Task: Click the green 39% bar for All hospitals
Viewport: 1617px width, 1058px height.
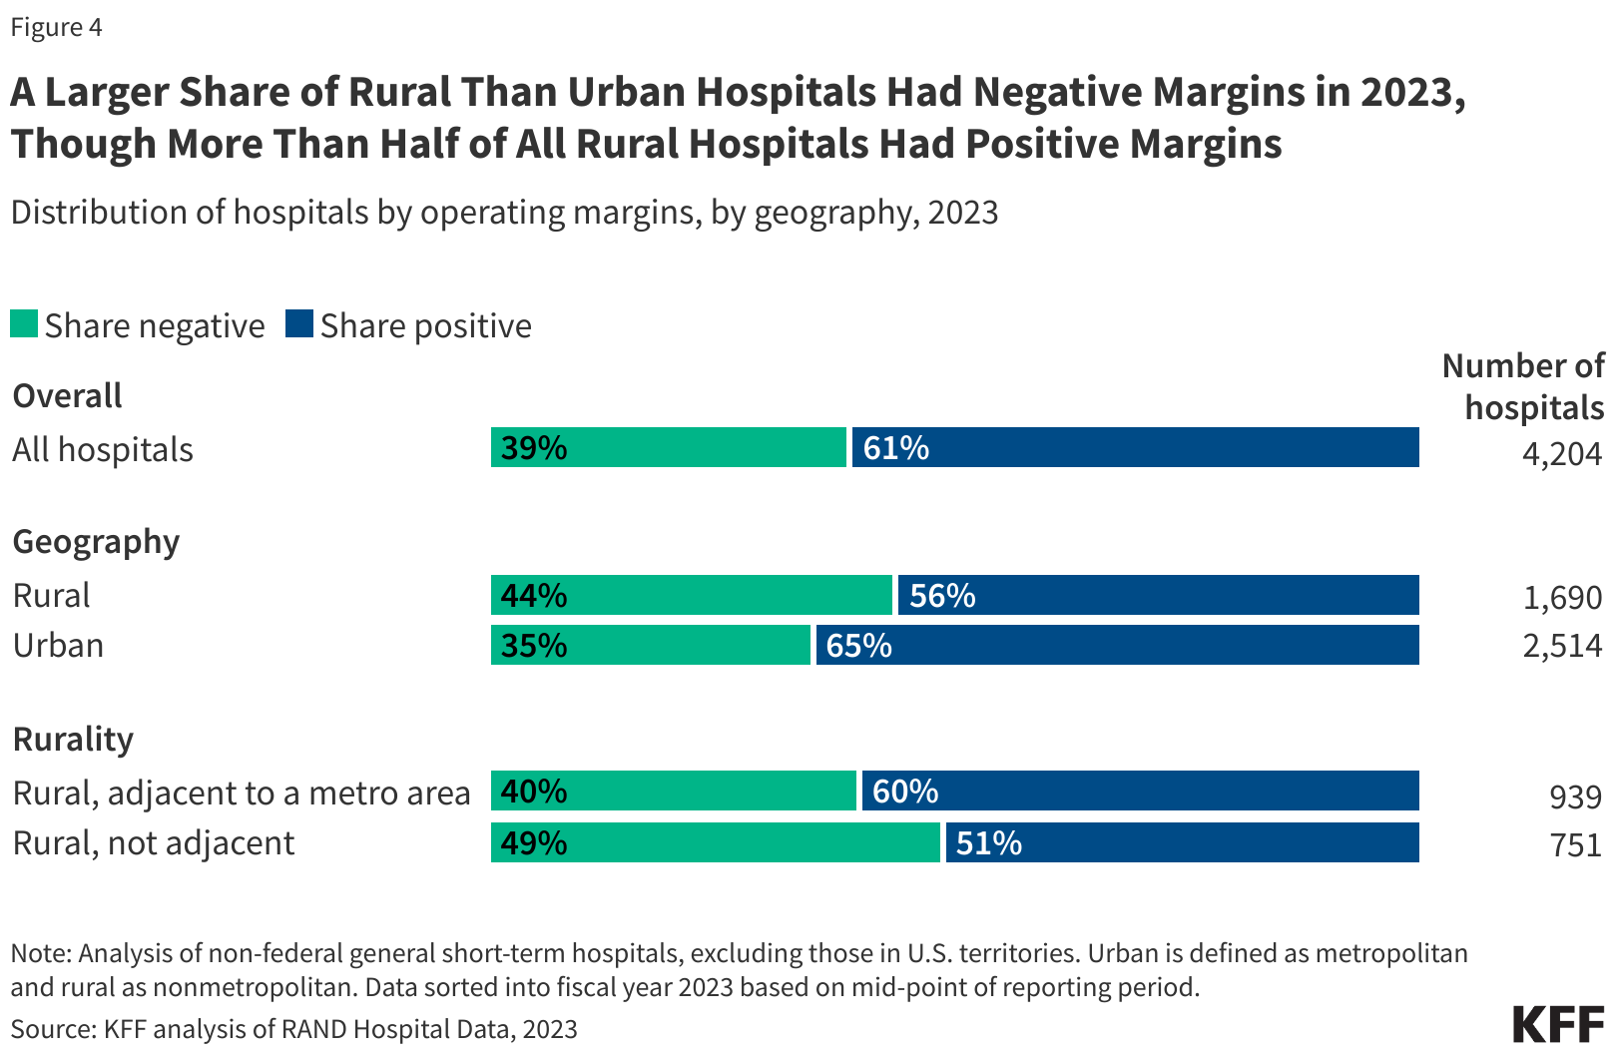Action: (x=668, y=447)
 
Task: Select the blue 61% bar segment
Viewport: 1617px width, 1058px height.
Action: (x=1135, y=447)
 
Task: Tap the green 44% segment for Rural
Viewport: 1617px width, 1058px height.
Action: (x=691, y=595)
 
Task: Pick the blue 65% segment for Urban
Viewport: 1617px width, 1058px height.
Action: (x=1117, y=645)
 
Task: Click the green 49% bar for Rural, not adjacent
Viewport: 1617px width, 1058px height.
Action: (x=716, y=842)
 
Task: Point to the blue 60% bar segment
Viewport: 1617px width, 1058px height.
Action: (x=1140, y=791)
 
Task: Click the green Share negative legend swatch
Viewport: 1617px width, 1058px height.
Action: (x=24, y=324)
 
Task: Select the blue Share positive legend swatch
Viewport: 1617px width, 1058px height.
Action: (x=298, y=324)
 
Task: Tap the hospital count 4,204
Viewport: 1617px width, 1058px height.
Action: (x=1561, y=454)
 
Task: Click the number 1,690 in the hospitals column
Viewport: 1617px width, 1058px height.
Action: (x=1562, y=598)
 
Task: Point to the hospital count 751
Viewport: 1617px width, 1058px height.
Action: (x=1575, y=845)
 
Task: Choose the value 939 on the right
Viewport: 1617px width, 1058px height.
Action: (x=1575, y=796)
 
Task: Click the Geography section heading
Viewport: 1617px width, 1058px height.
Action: (x=96, y=542)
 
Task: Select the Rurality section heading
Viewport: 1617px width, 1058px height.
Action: (x=73, y=740)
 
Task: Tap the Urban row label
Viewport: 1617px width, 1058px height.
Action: (x=58, y=646)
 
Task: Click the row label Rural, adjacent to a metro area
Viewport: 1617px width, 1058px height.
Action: (x=241, y=793)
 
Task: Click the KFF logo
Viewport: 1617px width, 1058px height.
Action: (x=1557, y=1025)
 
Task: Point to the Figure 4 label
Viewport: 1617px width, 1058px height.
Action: (x=56, y=27)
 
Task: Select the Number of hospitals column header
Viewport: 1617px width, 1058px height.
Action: (x=1524, y=387)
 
